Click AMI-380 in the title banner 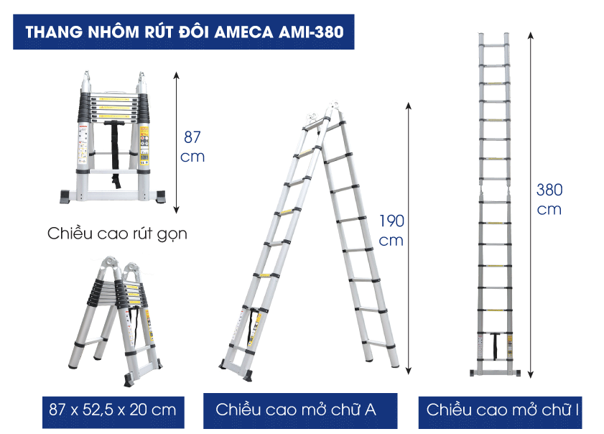pos(311,32)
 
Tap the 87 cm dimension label pos(192,147)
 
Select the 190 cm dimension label pos(391,231)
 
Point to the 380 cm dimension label pos(549,199)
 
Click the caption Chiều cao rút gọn pos(117,234)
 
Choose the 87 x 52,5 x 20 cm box pos(113,412)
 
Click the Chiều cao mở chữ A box pos(300,411)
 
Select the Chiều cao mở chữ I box pos(500,412)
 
